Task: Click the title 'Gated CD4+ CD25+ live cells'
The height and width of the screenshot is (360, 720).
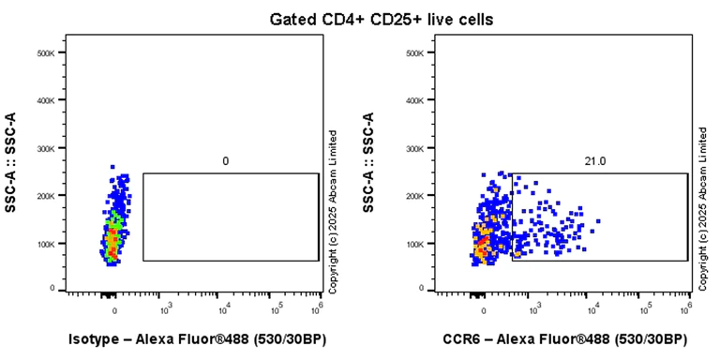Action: tap(359, 18)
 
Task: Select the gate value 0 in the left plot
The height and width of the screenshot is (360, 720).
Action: tap(226, 161)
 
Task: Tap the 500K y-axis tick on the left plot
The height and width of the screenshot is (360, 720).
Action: tap(46, 52)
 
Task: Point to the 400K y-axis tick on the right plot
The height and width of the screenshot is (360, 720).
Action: tap(416, 100)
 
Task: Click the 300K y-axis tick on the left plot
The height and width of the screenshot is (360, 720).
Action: tap(46, 148)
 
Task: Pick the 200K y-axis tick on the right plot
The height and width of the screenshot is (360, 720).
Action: tap(416, 196)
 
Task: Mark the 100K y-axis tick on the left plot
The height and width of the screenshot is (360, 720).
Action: tap(46, 244)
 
